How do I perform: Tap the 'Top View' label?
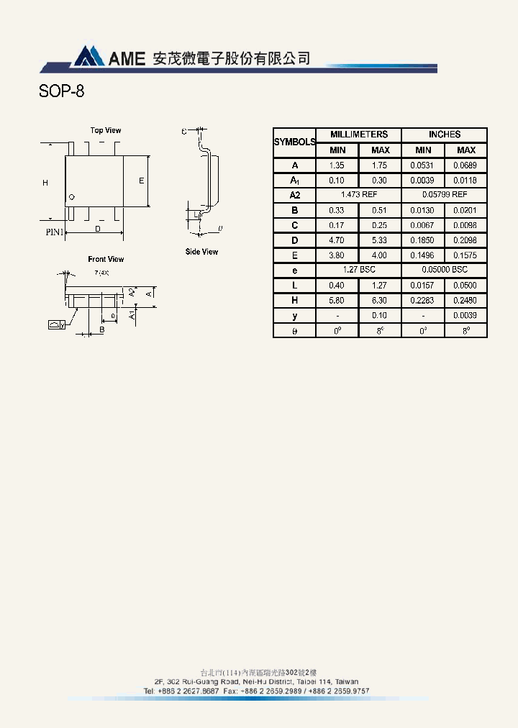coord(106,130)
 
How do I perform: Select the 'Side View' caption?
coord(201,252)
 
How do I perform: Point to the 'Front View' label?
coord(106,259)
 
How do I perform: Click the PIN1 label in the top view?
coord(55,232)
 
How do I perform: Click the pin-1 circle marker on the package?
coord(71,197)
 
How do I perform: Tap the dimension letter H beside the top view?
coord(45,183)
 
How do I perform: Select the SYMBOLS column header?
coord(294,142)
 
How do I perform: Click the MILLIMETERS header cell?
coord(358,135)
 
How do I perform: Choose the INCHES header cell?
coord(444,135)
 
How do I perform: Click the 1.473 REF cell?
coord(358,195)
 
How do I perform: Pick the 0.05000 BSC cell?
coord(444,270)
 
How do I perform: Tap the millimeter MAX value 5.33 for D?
coord(380,240)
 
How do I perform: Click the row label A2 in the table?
coord(294,195)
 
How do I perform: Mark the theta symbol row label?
coord(294,331)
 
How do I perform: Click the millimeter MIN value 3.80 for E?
coord(337,255)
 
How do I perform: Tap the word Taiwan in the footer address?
coord(347,681)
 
